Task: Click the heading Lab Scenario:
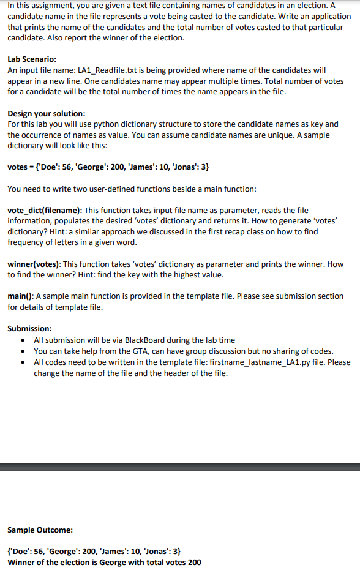[32, 59]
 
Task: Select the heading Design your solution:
[46, 114]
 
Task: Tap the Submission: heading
[29, 328]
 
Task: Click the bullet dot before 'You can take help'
[23, 351]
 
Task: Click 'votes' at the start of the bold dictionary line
[18, 167]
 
